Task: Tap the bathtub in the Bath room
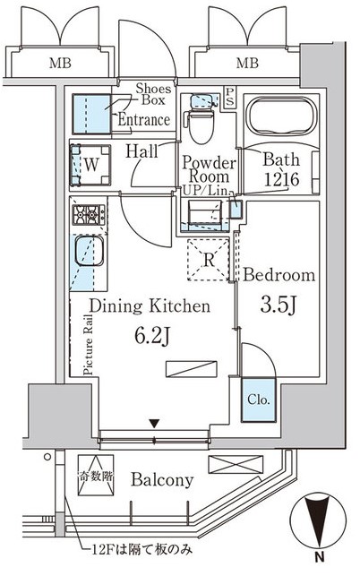click(281, 116)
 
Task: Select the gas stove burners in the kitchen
click(89, 214)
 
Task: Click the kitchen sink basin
click(89, 251)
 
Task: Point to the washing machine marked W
click(90, 165)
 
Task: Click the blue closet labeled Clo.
click(258, 400)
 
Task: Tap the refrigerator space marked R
click(209, 260)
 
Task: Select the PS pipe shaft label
click(229, 97)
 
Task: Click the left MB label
click(60, 64)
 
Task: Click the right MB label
click(247, 64)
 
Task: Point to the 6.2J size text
click(151, 336)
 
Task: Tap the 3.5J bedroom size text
click(279, 305)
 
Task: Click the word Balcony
click(162, 480)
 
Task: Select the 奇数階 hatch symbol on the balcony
click(96, 476)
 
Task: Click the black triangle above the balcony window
click(154, 424)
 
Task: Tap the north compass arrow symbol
click(318, 523)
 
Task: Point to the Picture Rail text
click(88, 345)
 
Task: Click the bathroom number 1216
click(282, 179)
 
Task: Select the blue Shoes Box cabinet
click(92, 114)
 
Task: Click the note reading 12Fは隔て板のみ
click(141, 550)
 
